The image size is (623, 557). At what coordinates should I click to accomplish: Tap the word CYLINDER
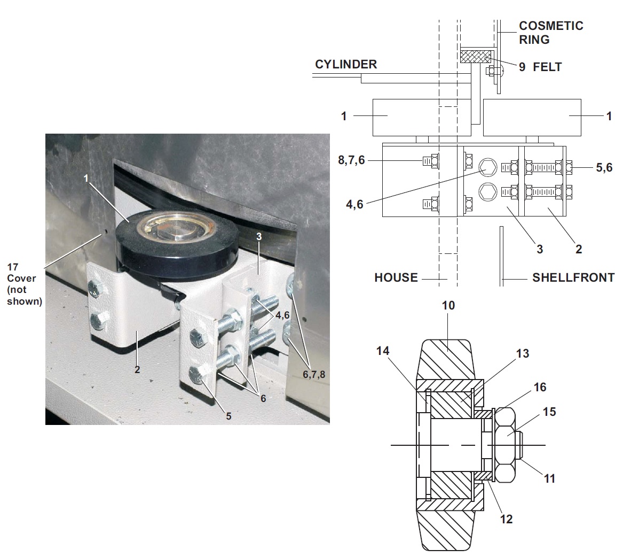pyautogui.click(x=345, y=64)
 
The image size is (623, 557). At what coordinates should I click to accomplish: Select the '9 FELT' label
pyautogui.click(x=540, y=67)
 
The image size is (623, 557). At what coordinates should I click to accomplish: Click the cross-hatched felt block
pyautogui.click(x=476, y=56)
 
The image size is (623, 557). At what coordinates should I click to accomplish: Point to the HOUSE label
pyautogui.click(x=396, y=277)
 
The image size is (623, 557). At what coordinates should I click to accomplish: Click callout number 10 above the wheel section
pyautogui.click(x=448, y=305)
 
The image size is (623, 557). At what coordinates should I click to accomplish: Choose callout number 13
pyautogui.click(x=523, y=353)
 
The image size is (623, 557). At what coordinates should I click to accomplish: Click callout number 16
pyautogui.click(x=540, y=386)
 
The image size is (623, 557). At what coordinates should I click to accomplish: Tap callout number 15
pyautogui.click(x=549, y=412)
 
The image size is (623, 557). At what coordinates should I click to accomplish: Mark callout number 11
pyautogui.click(x=549, y=478)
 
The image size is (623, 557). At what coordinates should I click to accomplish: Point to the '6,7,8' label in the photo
pyautogui.click(x=313, y=375)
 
